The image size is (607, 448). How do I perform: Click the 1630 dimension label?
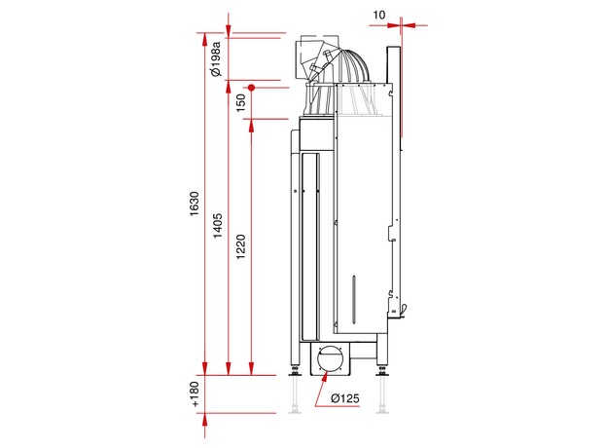194,204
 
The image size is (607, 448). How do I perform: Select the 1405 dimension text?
218,226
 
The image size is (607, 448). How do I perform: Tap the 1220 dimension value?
240,246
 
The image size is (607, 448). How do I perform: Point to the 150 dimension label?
240,102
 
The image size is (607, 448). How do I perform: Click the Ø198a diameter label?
216,58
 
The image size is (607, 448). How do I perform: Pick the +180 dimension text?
195,394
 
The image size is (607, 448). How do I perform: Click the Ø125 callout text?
345,398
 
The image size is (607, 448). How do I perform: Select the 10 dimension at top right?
379,16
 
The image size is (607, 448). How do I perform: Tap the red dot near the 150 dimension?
252,88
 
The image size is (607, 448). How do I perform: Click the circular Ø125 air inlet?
330,358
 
